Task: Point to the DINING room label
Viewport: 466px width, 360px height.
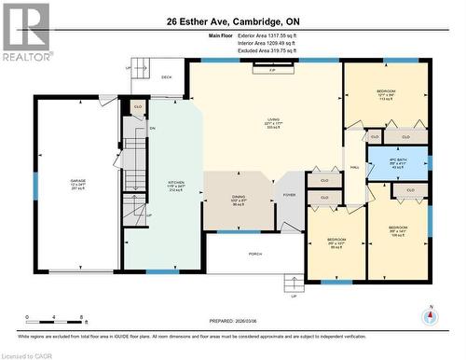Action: (x=239, y=201)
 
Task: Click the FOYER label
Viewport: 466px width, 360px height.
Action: (x=290, y=195)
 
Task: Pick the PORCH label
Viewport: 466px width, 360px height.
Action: (x=254, y=253)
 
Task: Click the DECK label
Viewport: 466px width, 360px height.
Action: (x=166, y=77)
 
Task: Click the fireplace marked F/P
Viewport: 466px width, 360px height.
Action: (x=272, y=71)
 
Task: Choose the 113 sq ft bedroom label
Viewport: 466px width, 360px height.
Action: (x=385, y=94)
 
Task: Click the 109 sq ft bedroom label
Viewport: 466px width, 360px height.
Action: (x=398, y=230)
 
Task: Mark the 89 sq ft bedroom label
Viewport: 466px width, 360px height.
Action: (x=336, y=242)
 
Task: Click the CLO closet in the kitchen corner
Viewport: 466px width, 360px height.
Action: (x=138, y=107)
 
